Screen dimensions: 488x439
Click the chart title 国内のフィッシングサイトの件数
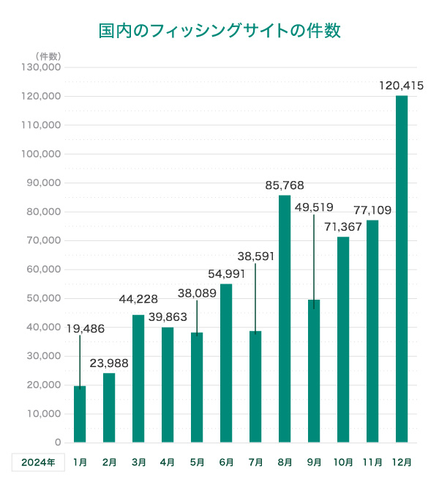(x=219, y=32)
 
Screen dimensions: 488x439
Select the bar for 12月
(x=402, y=269)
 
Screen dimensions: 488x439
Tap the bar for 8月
(x=285, y=319)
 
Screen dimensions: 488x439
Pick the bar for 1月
(x=80, y=414)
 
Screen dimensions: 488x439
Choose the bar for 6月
(x=226, y=363)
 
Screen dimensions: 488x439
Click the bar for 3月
(x=138, y=378)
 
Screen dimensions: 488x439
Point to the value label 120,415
(x=402, y=86)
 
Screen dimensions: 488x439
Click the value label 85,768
(x=285, y=185)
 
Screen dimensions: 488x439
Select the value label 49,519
(x=314, y=207)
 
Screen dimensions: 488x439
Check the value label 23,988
(x=109, y=363)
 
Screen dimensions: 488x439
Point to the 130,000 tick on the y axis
(x=42, y=67)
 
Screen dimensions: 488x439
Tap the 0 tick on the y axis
(x=57, y=443)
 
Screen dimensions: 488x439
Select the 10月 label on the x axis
(x=343, y=462)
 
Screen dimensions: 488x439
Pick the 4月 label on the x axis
(x=168, y=462)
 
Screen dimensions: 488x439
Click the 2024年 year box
(x=38, y=462)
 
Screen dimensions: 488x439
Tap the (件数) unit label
(x=48, y=56)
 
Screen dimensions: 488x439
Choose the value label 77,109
(x=372, y=210)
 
